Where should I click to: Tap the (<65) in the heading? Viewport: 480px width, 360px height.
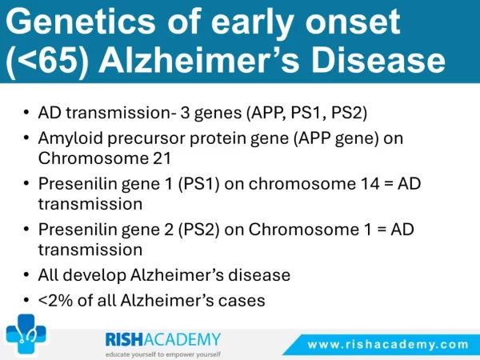click(47, 61)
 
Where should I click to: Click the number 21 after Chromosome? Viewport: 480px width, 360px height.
click(162, 158)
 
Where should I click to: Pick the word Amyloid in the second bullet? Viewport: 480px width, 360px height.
click(70, 138)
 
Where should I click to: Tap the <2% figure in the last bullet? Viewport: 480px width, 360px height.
click(56, 300)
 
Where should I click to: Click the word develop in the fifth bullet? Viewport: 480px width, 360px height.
click(95, 275)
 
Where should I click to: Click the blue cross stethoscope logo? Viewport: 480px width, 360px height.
click(26, 334)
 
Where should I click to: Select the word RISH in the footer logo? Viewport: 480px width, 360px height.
click(124, 339)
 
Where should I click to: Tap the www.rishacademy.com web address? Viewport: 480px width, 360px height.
click(388, 344)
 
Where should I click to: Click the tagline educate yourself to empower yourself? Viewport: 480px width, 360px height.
click(163, 354)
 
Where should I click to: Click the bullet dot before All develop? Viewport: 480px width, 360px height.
click(26, 275)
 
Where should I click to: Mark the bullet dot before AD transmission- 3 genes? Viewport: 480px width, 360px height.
click(26, 112)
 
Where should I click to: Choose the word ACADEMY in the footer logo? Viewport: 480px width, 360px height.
click(182, 339)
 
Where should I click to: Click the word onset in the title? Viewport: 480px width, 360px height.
click(352, 22)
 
